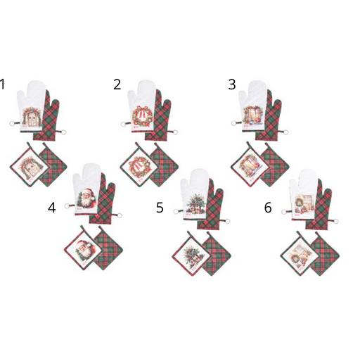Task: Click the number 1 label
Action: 2,84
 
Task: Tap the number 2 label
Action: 117,84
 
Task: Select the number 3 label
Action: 232,84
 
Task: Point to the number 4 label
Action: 52,208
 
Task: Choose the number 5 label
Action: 160,208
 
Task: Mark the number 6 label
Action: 268,208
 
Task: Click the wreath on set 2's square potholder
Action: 139,167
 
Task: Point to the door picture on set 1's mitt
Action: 32,116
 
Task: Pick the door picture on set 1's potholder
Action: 30,165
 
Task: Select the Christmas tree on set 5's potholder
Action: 193,255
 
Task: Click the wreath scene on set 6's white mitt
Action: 303,203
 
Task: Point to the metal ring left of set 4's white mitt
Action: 67,206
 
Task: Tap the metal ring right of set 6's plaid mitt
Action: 335,221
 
